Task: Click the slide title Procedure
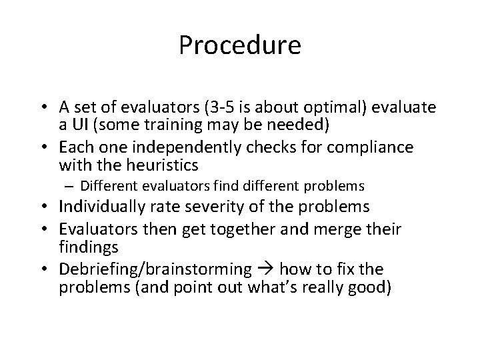240,46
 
